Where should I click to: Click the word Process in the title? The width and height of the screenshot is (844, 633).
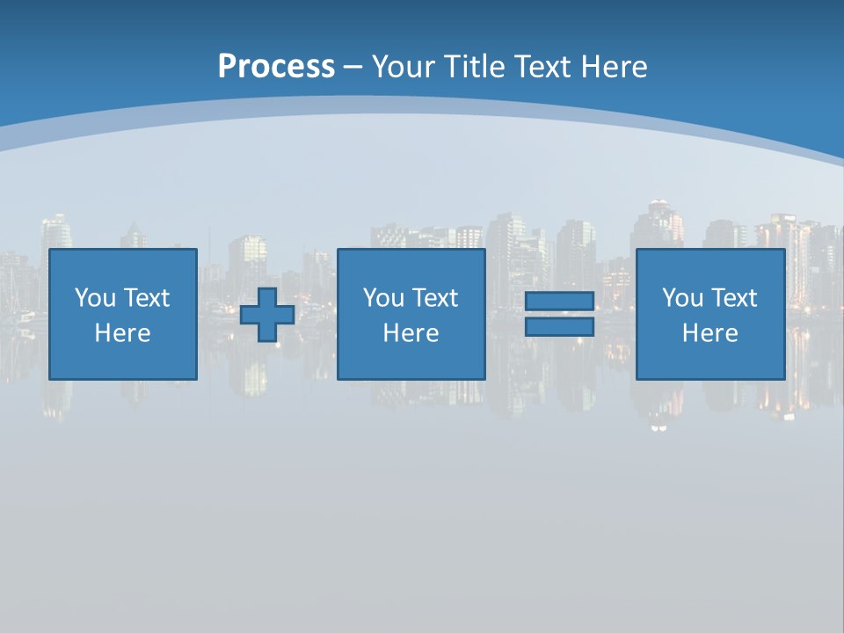click(276, 66)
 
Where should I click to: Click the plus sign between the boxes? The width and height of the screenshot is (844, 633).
click(267, 315)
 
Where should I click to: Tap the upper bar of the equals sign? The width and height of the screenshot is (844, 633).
click(559, 301)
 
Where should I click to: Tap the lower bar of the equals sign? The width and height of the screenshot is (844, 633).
click(559, 327)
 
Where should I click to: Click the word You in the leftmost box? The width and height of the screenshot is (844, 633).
click(95, 298)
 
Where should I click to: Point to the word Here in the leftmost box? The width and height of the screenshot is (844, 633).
click(123, 333)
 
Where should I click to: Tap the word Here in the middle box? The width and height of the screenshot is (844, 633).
click(411, 333)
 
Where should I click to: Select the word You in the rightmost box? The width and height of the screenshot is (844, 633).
click(682, 298)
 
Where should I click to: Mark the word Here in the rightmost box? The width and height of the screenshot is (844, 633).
click(710, 333)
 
